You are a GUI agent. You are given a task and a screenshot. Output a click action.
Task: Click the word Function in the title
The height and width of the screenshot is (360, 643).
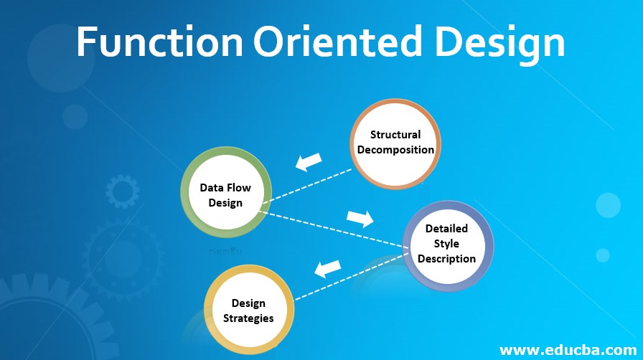[159, 43]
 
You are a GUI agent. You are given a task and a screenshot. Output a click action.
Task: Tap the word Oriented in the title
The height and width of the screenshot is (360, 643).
[336, 43]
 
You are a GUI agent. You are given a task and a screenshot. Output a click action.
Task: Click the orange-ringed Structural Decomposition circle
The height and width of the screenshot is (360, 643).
[395, 143]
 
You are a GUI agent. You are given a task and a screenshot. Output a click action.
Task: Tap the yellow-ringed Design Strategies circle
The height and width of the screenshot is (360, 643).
[248, 310]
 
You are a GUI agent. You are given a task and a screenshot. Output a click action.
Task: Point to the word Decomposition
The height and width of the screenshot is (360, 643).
[395, 150]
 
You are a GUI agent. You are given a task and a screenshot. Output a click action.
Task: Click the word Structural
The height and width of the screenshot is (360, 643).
[395, 135]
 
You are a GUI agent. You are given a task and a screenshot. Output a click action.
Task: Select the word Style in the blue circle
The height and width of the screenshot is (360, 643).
[447, 244]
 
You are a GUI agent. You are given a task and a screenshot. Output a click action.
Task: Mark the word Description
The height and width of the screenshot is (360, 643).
[446, 258]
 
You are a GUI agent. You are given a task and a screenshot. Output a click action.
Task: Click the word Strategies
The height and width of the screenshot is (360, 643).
[248, 318]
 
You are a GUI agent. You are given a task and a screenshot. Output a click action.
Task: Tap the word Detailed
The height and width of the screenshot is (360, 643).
[446, 229]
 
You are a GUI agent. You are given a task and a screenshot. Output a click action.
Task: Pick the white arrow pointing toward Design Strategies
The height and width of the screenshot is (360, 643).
[327, 268]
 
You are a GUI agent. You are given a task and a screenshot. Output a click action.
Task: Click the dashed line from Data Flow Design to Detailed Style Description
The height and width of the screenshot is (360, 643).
[330, 228]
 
